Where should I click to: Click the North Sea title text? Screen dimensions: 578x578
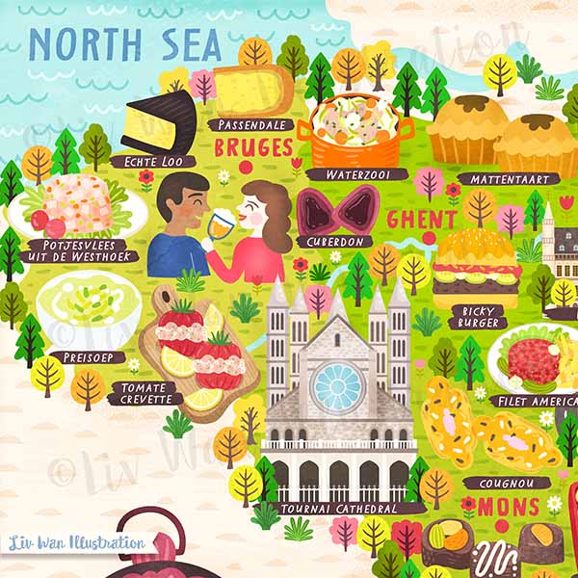tap(124, 45)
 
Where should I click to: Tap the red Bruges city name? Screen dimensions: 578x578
tap(253, 147)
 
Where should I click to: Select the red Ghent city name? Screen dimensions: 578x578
tap(421, 219)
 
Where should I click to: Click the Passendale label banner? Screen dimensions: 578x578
tap(250, 125)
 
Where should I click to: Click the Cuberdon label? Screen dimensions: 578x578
tap(335, 242)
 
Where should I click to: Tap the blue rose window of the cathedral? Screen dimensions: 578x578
tap(337, 386)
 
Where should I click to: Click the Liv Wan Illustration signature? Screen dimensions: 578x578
tap(76, 542)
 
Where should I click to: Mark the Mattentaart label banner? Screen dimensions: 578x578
tap(508, 179)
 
